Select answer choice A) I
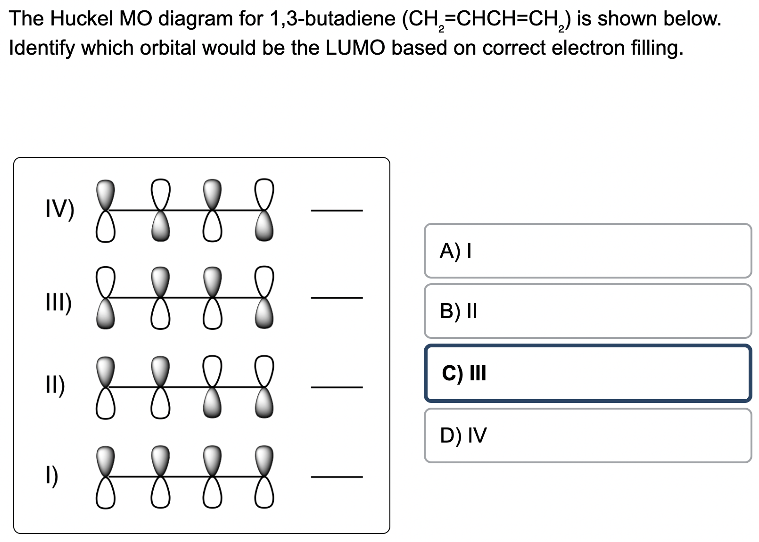coord(587,251)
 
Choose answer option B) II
coord(587,311)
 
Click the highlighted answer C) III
coord(587,373)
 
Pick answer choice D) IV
coord(587,435)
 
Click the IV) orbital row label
coord(59,210)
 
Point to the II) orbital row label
coord(56,385)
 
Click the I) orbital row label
coord(53,476)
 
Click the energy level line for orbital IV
coord(337,210)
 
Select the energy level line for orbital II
coord(337,387)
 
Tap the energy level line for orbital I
coord(337,477)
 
